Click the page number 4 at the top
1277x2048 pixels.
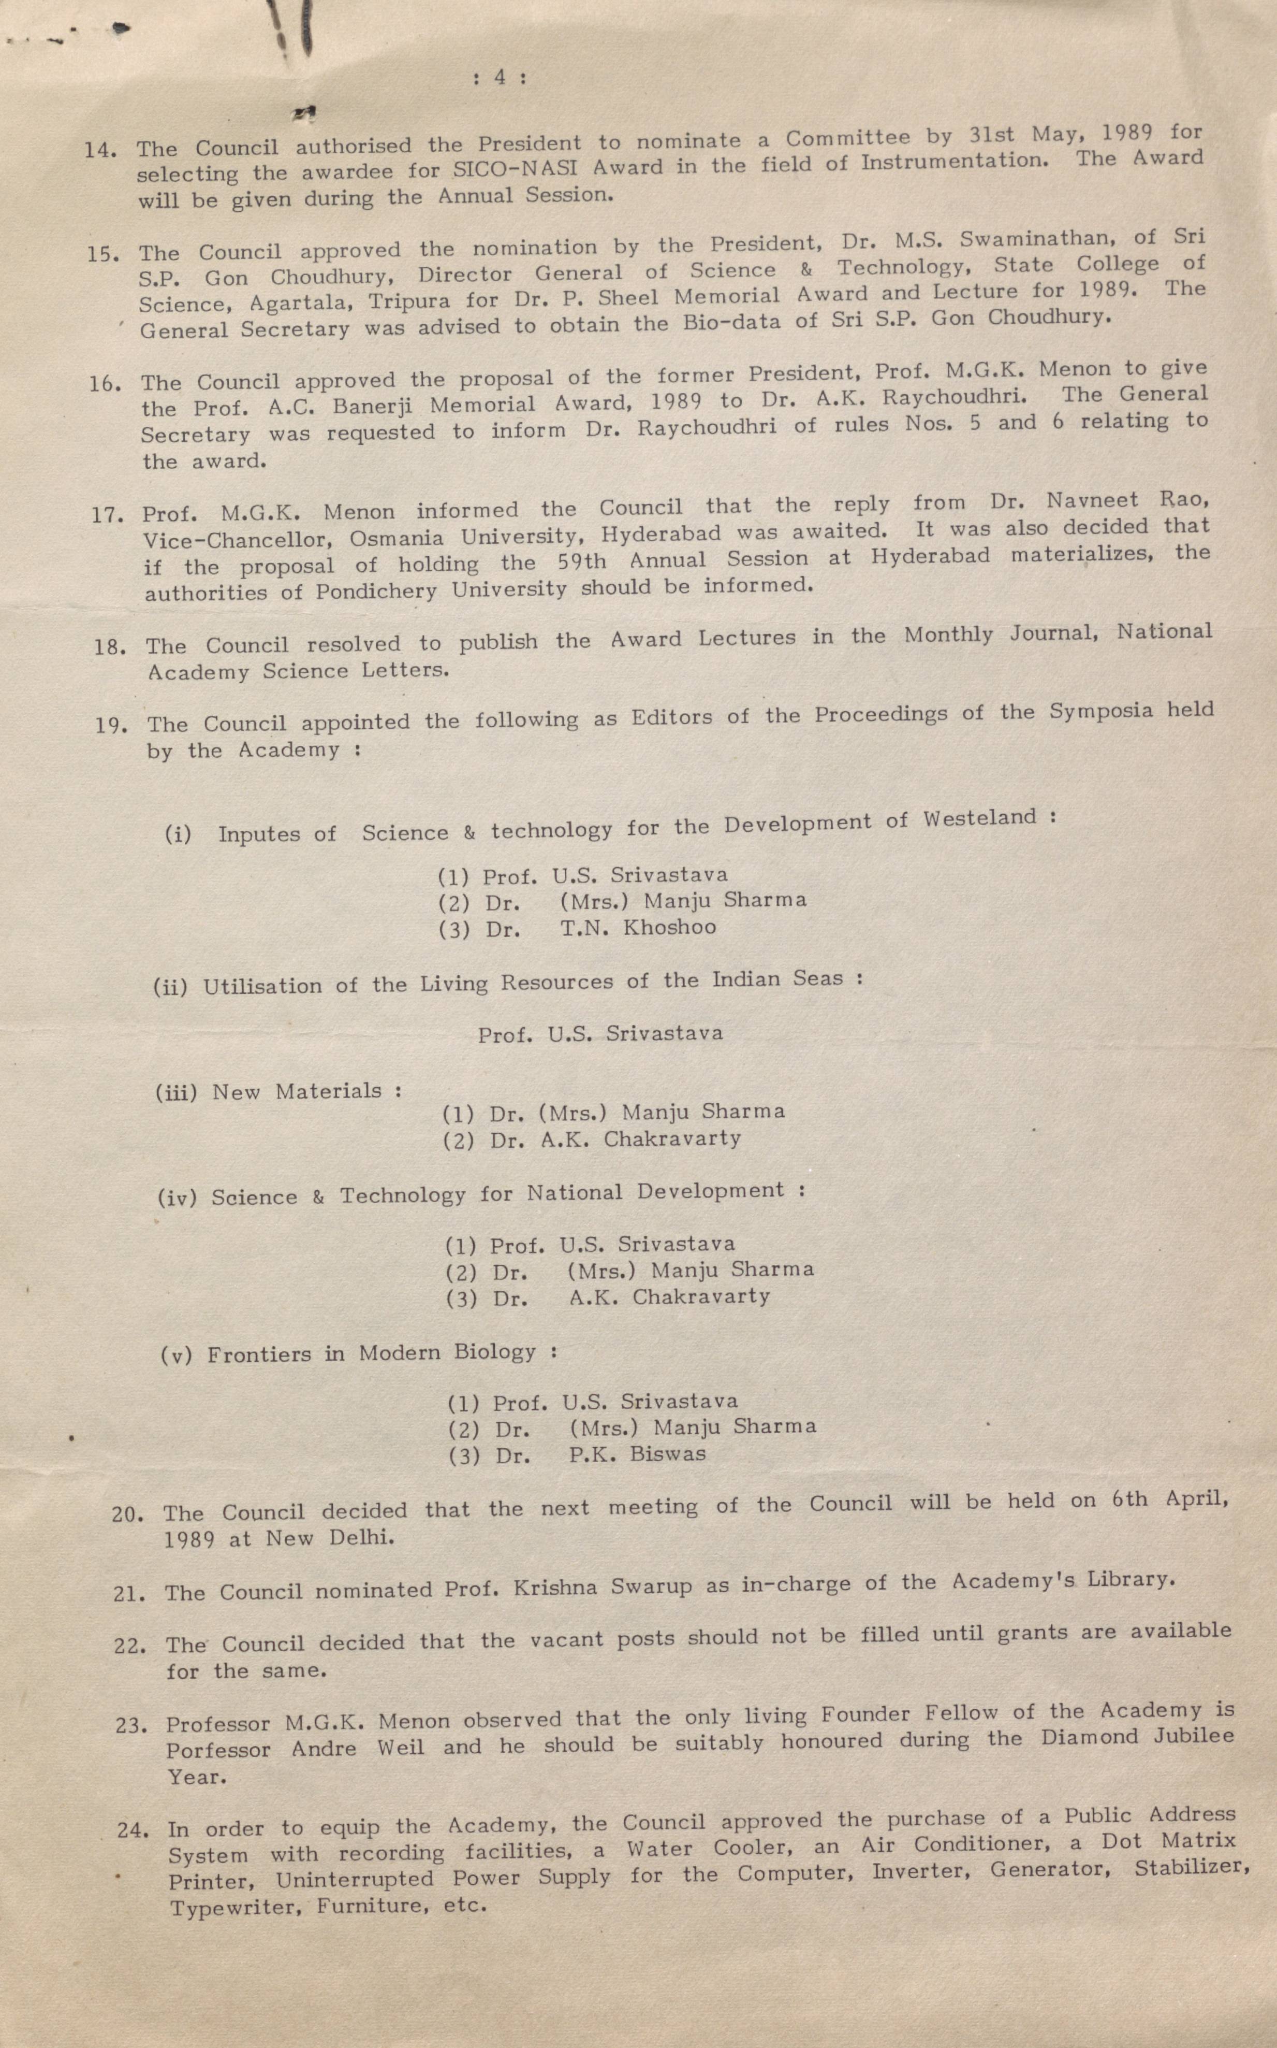[500, 77]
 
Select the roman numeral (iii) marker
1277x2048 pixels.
[175, 1092]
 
